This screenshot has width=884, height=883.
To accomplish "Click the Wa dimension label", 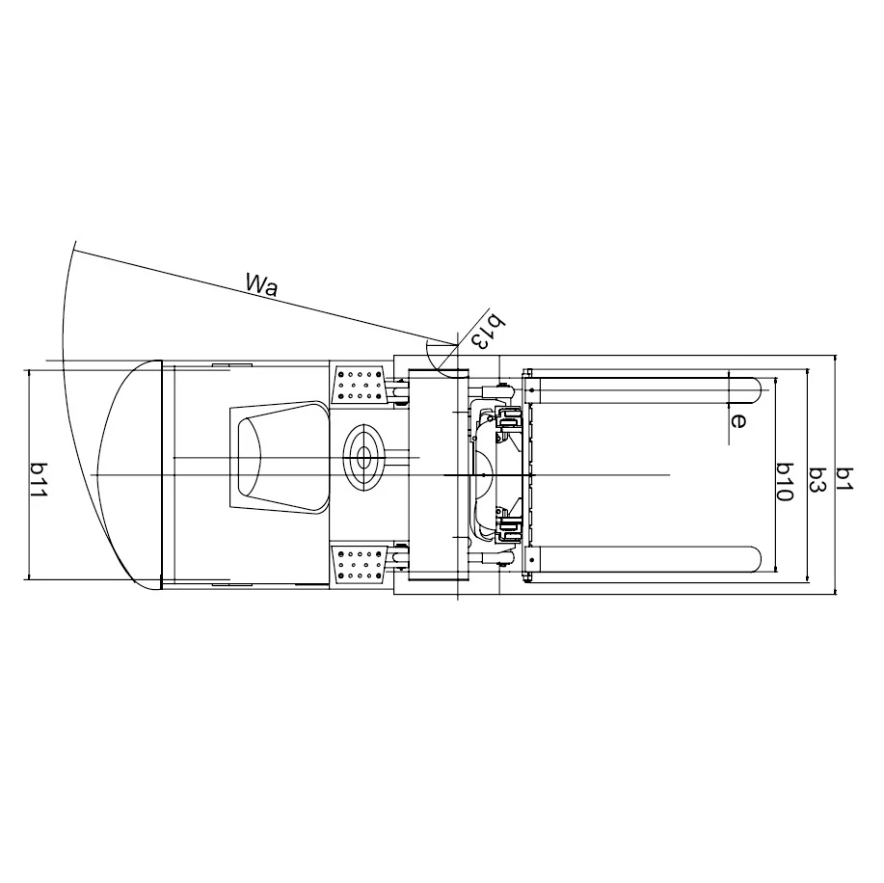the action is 262,284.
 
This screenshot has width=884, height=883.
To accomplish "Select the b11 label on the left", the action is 39,479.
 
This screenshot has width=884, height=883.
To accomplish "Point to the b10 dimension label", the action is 785,482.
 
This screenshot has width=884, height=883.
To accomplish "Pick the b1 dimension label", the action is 845,479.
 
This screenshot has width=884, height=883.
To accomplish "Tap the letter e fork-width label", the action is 737,420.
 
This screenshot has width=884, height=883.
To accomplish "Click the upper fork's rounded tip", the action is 756,390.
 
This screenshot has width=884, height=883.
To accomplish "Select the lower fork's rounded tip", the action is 756,559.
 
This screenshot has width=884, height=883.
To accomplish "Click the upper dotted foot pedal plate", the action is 359,386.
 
